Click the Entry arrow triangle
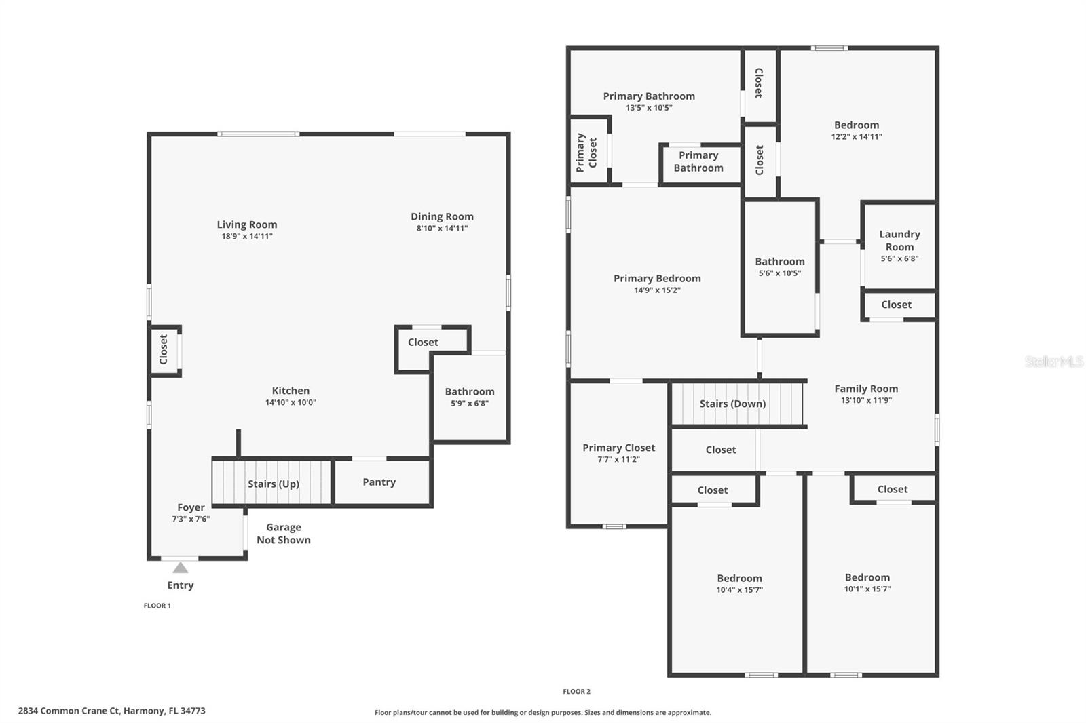[180, 568]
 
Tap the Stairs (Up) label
[273, 484]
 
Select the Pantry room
[379, 482]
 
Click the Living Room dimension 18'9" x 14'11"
[247, 237]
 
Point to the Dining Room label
[442, 216]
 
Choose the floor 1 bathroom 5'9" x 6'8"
[470, 397]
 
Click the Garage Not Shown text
[284, 534]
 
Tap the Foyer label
[191, 507]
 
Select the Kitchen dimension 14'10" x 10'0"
[291, 402]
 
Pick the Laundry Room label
[899, 240]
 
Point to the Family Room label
[866, 389]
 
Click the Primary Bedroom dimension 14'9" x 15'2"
[657, 290]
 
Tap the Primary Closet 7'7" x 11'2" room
[618, 453]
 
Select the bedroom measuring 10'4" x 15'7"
[739, 583]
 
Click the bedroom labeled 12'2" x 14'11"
[857, 130]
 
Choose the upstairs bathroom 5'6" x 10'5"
[780, 267]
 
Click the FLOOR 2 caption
[576, 692]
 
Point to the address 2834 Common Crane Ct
[112, 711]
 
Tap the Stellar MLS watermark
[1053, 362]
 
